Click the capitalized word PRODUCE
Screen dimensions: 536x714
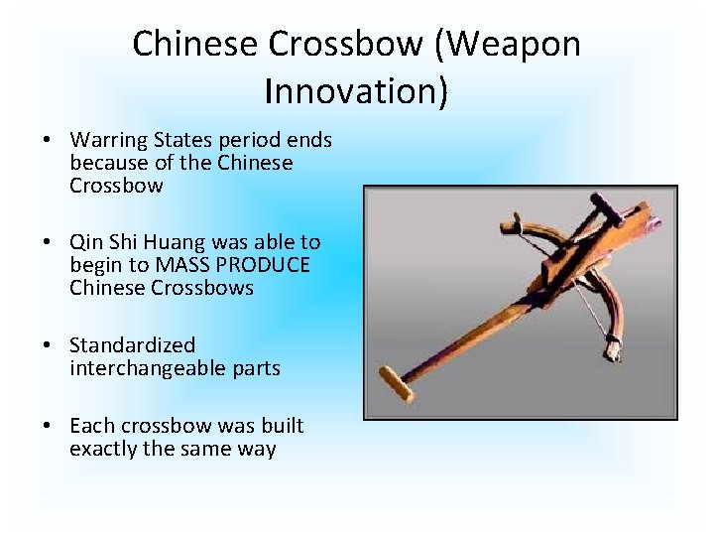(266, 265)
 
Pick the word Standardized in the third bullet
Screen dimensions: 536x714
(132, 345)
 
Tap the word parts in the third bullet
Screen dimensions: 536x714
(254, 368)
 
